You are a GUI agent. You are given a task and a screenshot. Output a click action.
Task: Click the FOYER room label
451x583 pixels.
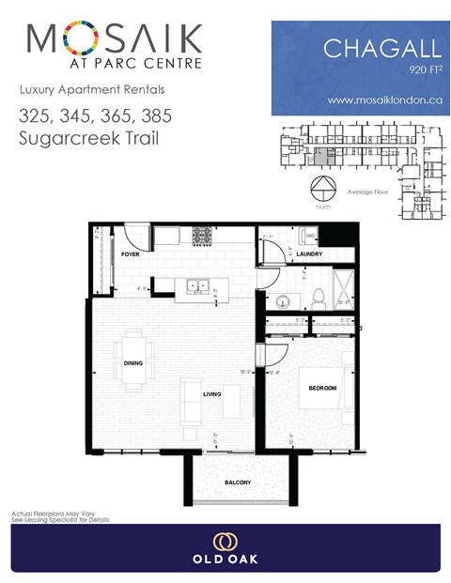pyautogui.click(x=131, y=254)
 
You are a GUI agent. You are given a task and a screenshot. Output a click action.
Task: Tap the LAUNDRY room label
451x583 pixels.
pyautogui.click(x=309, y=254)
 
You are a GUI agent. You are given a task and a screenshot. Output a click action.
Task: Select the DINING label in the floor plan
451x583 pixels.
pyautogui.click(x=132, y=376)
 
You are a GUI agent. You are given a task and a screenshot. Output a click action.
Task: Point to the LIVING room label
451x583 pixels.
pyautogui.click(x=211, y=394)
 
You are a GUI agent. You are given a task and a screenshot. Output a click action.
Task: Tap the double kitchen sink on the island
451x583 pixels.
pyautogui.click(x=196, y=287)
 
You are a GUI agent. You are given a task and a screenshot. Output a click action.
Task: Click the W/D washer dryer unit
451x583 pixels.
pyautogui.click(x=309, y=237)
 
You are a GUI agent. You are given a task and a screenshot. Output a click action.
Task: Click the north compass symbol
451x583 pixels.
pyautogui.click(x=323, y=184)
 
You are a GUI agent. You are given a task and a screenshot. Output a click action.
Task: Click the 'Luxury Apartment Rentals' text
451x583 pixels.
pyautogui.click(x=79, y=90)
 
